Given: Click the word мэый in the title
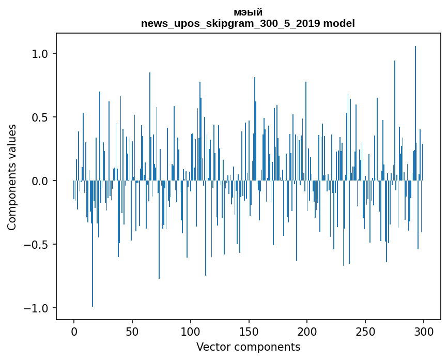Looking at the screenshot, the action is pos(248,12).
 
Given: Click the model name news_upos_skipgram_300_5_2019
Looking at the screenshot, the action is pos(230,23).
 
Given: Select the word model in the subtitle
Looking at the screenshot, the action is pos(339,23).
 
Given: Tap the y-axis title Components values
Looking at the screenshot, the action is pos(12,177).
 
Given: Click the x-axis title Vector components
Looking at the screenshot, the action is pos(248,347).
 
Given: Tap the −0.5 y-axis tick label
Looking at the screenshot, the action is pos(37,245).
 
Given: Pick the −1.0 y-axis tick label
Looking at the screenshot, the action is pos(37,308).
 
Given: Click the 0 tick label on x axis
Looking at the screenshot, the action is pos(74,332).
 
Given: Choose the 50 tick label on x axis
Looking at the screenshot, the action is pos(132,332).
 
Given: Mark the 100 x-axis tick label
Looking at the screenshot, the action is pos(190,332).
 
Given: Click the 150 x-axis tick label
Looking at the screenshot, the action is pos(249,332).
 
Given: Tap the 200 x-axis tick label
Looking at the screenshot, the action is pos(307,332).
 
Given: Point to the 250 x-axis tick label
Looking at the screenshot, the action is pos(365,332).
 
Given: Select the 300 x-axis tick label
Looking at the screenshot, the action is pos(423,332).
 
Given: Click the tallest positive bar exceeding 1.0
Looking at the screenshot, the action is pos(415,113).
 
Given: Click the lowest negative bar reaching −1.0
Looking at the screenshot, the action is pos(92,244).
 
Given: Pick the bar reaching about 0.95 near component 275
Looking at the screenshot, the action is pos(395,121).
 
